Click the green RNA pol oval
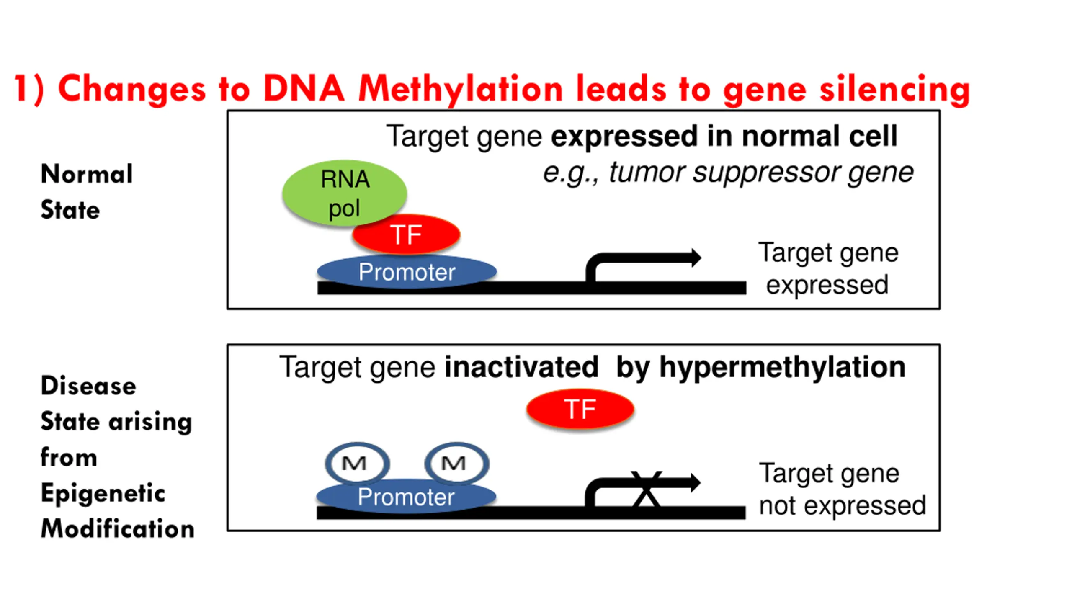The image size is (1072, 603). pyautogui.click(x=344, y=193)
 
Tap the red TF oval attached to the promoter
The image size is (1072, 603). pyautogui.click(x=406, y=234)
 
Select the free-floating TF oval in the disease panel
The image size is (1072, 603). pyautogui.click(x=580, y=409)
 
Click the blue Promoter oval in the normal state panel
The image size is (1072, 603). pyautogui.click(x=407, y=272)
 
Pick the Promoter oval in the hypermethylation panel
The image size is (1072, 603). pyautogui.click(x=406, y=497)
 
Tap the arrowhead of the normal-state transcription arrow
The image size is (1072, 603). pyautogui.click(x=696, y=258)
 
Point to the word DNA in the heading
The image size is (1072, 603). pyautogui.click(x=304, y=88)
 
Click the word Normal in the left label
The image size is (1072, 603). pyautogui.click(x=87, y=174)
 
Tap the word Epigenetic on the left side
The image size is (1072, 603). pyautogui.click(x=103, y=493)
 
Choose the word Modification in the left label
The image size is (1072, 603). pyautogui.click(x=118, y=528)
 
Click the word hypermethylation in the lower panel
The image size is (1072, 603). pyautogui.click(x=782, y=368)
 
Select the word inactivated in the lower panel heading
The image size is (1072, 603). pyautogui.click(x=521, y=367)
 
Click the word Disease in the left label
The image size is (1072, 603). pyautogui.click(x=88, y=386)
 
